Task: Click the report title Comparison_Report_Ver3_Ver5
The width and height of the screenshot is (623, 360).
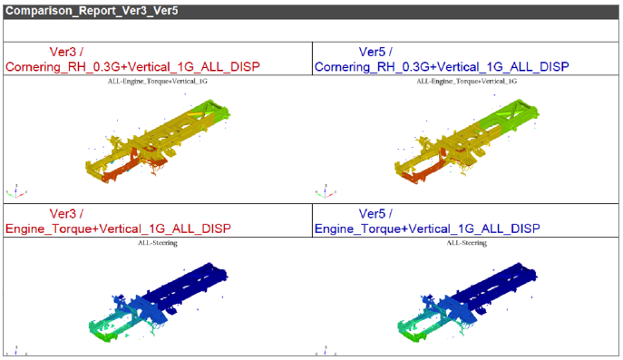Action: coord(92,11)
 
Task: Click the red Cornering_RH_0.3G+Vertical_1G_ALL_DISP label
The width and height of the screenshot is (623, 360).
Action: coord(132,67)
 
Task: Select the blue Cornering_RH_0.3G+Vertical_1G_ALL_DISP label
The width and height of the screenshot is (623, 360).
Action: coord(442,67)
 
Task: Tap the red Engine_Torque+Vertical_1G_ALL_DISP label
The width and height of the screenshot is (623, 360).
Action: coord(118,229)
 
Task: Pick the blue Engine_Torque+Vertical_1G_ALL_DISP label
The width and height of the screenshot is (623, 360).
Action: coord(427,229)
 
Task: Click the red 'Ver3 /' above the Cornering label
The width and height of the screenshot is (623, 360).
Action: coord(66,52)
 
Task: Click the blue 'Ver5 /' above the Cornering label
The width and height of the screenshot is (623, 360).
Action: coord(375,52)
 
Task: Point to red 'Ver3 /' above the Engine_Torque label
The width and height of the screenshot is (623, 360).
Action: coord(66,214)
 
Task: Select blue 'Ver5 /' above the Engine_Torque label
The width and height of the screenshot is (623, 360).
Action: coord(375,214)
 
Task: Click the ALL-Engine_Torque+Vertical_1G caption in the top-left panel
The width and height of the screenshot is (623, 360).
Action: coord(158,82)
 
